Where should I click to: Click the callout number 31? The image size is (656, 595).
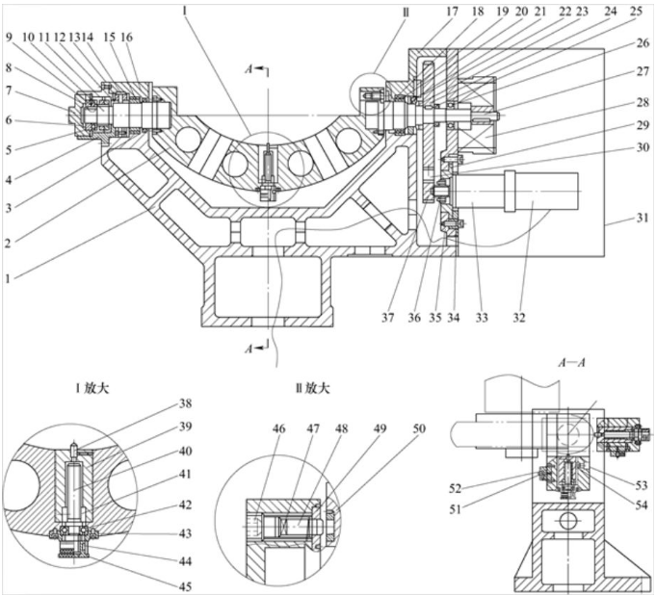(643, 219)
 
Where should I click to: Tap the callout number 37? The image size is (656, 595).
(388, 318)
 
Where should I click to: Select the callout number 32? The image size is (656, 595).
(519, 318)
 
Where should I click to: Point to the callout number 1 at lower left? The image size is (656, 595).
(8, 278)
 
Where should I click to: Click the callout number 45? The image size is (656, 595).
(185, 586)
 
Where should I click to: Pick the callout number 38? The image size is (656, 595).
(185, 403)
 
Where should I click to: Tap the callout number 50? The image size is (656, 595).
(419, 428)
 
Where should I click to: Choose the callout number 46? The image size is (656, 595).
(279, 428)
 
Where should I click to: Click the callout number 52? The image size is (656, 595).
(455, 488)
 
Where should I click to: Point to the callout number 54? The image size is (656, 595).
(641, 504)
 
